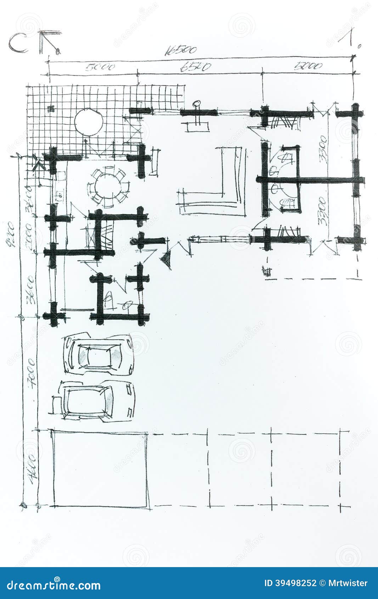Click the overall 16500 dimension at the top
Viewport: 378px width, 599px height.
click(x=180, y=51)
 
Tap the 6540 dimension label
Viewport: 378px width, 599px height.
click(x=196, y=67)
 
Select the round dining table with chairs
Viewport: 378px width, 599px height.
click(x=108, y=187)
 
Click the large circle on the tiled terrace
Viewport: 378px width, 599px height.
click(x=89, y=122)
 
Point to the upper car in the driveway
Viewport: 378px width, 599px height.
click(x=99, y=354)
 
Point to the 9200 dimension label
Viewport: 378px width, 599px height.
click(x=10, y=234)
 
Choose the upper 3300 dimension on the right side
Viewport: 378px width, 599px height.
click(x=323, y=149)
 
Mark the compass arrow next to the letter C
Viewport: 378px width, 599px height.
click(x=50, y=42)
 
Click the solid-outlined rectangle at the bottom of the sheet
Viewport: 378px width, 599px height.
click(x=100, y=469)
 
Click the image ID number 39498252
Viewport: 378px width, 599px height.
click(x=290, y=583)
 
